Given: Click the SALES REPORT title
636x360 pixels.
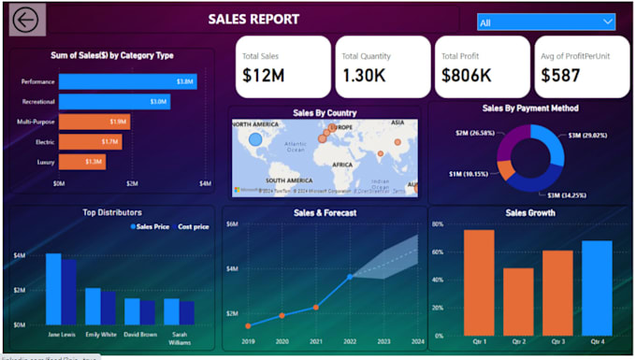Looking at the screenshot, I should point(253,19).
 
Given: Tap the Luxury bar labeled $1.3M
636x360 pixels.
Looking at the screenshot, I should point(82,161).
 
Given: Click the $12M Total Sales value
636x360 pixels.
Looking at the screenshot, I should point(263,76).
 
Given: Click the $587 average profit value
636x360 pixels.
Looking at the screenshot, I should point(561,76).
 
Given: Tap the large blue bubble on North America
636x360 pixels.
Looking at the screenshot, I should point(255,140).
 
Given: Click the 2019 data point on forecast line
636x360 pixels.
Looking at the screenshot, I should point(248,326).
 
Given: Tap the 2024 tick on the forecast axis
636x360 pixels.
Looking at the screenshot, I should point(416,342).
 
